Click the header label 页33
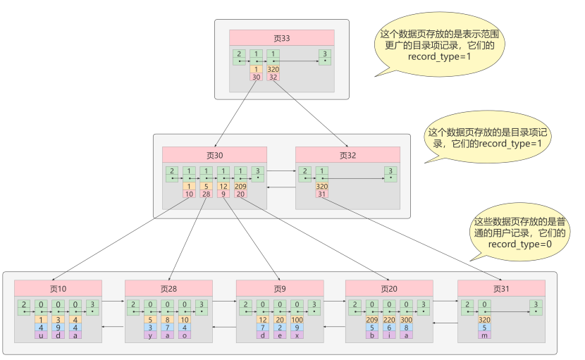(281, 37)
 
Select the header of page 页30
(214, 155)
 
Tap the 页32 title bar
(347, 155)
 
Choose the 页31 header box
(500, 288)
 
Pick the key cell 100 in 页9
(297, 320)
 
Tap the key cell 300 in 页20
(407, 320)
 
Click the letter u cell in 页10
(42, 335)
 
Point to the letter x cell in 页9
(297, 335)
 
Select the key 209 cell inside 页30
(240, 187)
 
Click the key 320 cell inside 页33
(273, 70)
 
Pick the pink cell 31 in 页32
(322, 194)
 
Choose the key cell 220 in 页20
(389, 320)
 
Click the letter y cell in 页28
(151, 335)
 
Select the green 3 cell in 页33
(324, 56)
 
